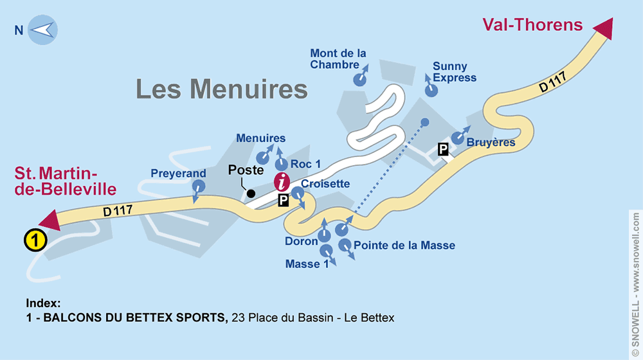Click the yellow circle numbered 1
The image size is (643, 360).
click(35, 240)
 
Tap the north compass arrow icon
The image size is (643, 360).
click(42, 30)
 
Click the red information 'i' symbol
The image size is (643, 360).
click(282, 182)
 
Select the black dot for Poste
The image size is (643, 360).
click(251, 193)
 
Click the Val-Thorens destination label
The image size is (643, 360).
click(532, 25)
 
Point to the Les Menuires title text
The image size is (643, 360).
click(222, 89)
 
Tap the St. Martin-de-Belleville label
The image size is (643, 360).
click(66, 181)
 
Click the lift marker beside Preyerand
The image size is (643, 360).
click(199, 187)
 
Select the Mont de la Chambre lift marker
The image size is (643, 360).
click(359, 79)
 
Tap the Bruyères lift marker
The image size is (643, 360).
click(457, 138)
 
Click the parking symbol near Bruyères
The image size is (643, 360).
click(443, 150)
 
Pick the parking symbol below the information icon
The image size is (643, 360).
click(284, 201)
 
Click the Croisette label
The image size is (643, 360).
click(325, 184)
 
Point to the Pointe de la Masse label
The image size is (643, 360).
click(404, 245)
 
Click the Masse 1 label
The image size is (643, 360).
click(302, 264)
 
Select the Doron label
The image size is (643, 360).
click(301, 241)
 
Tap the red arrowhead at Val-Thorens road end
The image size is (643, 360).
click(604, 30)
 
